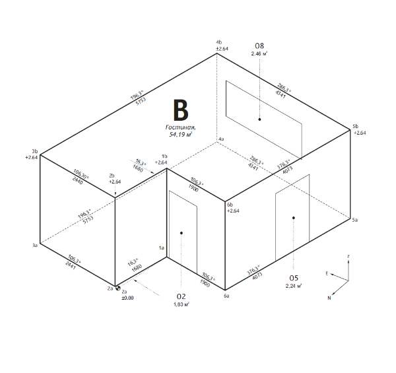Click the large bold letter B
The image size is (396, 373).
[x=181, y=110]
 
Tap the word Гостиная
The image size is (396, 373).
[x=181, y=127]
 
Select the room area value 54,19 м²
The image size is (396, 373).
[x=181, y=135]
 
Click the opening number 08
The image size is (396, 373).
[x=259, y=46]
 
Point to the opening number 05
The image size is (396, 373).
[x=294, y=278]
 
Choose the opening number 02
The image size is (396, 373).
[x=181, y=296]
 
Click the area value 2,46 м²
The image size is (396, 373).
[x=259, y=53]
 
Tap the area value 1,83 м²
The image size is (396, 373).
[x=181, y=304]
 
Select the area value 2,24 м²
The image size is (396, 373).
[x=294, y=286]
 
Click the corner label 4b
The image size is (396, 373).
[x=219, y=42]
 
